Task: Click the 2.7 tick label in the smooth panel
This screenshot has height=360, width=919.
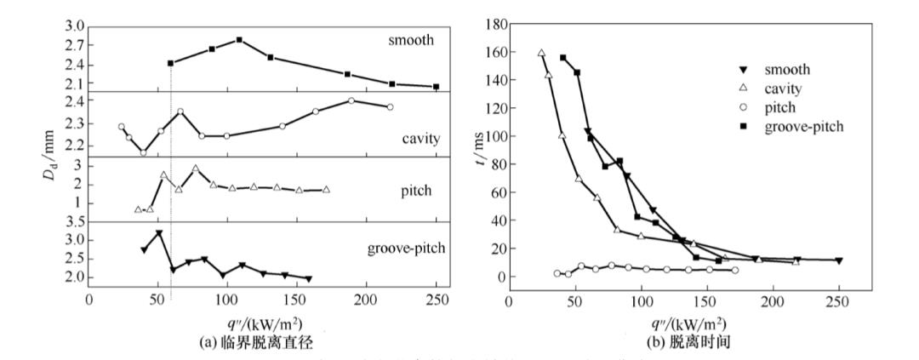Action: click(72, 46)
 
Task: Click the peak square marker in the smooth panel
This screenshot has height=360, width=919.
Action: click(239, 40)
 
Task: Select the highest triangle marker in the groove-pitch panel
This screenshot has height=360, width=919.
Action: click(158, 233)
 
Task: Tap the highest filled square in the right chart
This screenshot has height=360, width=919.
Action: click(562, 58)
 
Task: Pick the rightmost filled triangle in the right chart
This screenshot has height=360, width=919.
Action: click(838, 260)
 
